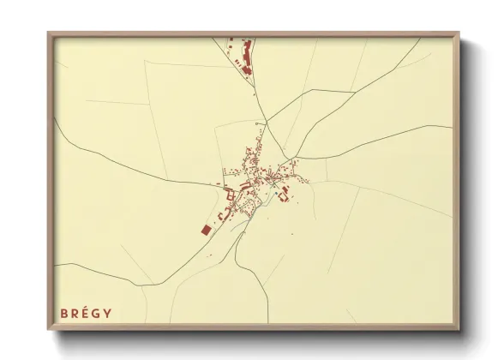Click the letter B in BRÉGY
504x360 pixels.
coord(63,313)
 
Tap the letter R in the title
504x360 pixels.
coord(75,313)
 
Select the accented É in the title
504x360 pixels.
coord(87,313)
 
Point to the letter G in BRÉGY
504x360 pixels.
coord(98,313)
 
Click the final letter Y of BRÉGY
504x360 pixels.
coord(109,313)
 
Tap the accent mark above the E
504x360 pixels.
coord(87,307)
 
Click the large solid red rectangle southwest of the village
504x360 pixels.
coord(206,230)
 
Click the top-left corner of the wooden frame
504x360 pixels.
coord(49,34)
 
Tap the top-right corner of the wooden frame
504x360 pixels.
coord(458,34)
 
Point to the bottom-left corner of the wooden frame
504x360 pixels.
coord(49,328)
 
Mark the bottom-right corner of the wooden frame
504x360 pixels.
coord(458,328)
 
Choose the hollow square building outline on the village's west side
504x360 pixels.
coord(230,195)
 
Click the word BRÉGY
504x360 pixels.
coord(86,313)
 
